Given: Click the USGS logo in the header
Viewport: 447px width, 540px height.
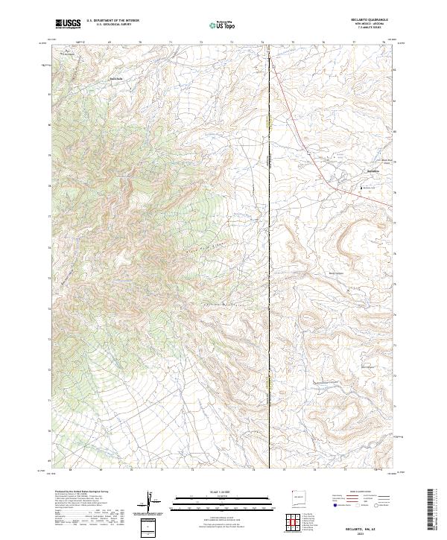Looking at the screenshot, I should (x=69, y=24).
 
